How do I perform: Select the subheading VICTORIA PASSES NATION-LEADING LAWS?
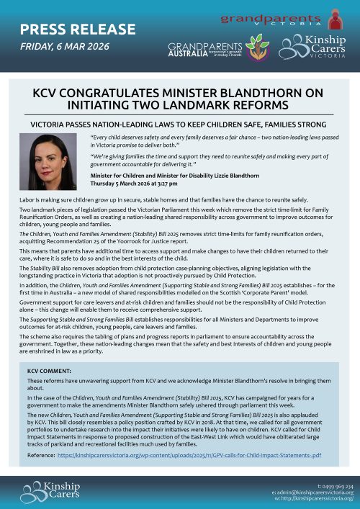click(x=179, y=124)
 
